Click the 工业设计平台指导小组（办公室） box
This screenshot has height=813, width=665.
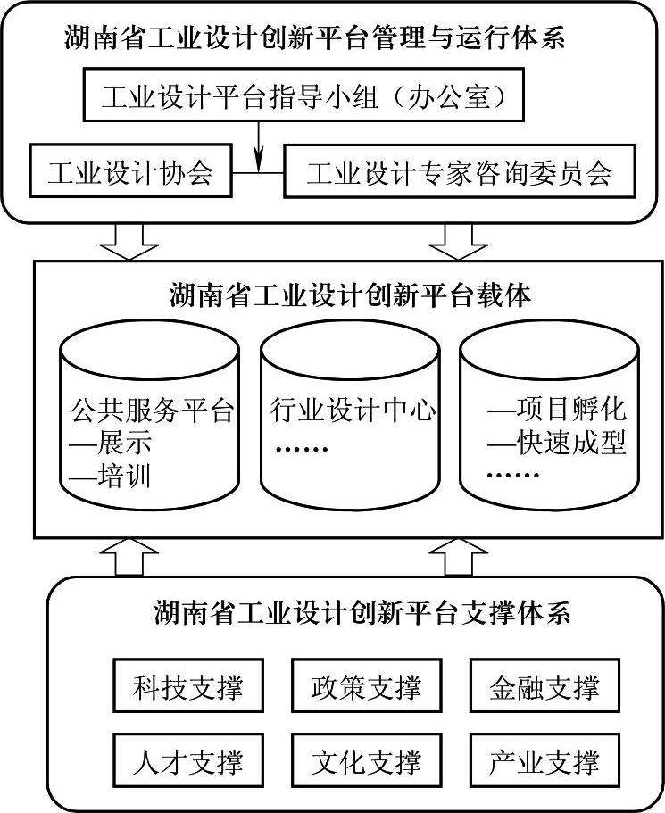[303, 97]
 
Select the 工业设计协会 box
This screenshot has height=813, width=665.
[130, 171]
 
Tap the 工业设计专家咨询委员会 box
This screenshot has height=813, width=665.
[459, 171]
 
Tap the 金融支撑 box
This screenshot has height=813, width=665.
[544, 688]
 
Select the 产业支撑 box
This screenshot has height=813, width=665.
[544, 761]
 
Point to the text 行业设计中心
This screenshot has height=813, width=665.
[353, 411]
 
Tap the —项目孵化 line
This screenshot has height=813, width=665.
[556, 411]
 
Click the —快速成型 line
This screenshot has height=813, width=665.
[556, 443]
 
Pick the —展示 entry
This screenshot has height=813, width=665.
[111, 444]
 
